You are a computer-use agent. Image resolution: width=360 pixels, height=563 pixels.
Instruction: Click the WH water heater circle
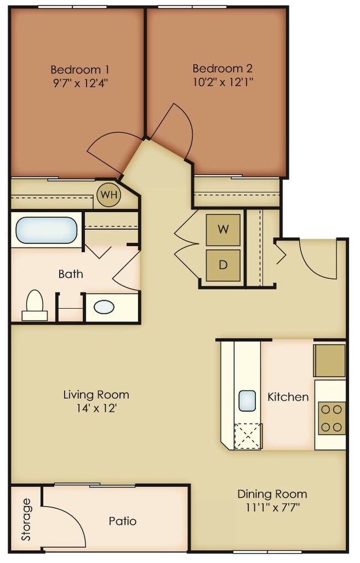109,195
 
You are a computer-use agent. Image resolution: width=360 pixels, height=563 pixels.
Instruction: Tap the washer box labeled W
223,229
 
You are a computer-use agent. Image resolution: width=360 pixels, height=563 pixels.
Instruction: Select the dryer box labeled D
223,264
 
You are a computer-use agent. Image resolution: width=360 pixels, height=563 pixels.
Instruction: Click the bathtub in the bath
47,230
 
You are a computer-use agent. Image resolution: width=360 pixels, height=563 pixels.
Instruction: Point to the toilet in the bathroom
35,305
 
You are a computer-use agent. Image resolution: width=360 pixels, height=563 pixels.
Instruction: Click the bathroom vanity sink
104,306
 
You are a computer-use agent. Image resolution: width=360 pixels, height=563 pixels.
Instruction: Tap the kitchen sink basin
247,400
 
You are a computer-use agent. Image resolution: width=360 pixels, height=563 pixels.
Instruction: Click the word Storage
26,519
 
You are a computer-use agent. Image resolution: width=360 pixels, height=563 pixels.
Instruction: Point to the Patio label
122,521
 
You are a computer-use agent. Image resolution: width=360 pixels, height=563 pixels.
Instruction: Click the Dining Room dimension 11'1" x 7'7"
272,508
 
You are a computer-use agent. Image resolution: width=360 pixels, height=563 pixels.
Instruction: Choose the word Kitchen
288,397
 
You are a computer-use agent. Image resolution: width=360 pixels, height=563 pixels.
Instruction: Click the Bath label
71,274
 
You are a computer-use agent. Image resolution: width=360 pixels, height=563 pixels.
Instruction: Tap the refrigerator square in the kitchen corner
330,361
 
